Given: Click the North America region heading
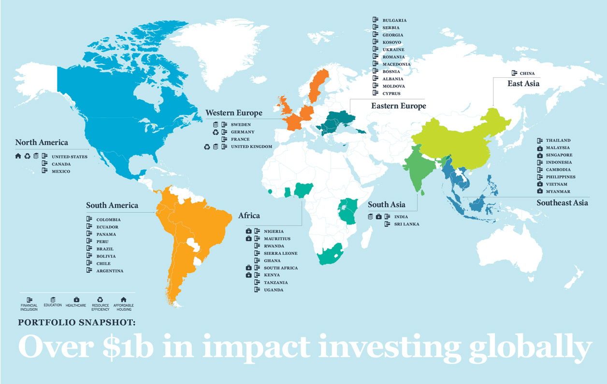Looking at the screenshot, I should pos(42,142).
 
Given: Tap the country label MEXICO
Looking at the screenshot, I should pos(61,172).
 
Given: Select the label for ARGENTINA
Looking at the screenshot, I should pos(110,271).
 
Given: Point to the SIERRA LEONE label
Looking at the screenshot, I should pos(280,253).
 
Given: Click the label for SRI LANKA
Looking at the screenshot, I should pos(406,224).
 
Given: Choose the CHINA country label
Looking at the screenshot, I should pos(527,74).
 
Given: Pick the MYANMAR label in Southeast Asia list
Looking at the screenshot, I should pos(558,192).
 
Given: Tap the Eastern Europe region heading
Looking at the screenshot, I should pos(398,106).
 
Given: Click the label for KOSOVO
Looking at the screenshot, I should pos(391,43).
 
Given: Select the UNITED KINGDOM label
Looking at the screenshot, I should pos(251,147).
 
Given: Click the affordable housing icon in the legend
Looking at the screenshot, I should pos(123,299).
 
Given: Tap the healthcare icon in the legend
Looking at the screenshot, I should pos(76,299).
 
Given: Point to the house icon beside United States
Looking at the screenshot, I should pos(18,156).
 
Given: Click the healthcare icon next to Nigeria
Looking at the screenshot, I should pos(248,231).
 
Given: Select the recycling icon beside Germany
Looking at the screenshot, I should pos(216,132).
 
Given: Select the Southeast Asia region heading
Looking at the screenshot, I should pos(562,203).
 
